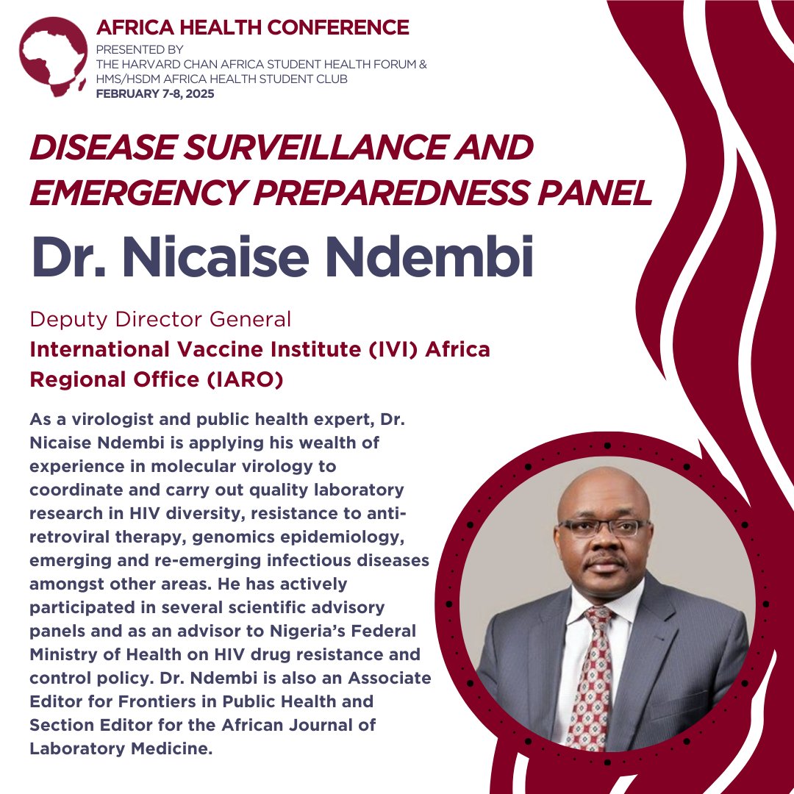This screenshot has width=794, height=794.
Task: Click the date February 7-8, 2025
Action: point(155,93)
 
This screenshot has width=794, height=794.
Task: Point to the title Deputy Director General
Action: point(160,320)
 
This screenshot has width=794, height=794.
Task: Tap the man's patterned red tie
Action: point(593,676)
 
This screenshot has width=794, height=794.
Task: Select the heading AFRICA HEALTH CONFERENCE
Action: point(253,28)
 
